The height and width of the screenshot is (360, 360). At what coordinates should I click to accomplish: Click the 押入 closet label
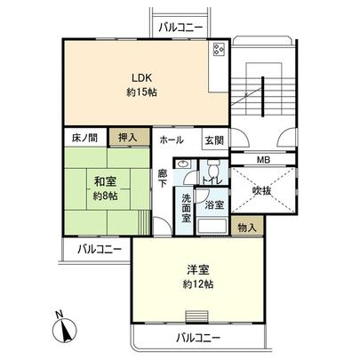click(127, 138)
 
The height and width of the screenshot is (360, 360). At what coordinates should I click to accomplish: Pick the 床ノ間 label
click(84, 138)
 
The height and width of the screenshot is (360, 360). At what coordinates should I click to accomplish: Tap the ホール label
click(171, 140)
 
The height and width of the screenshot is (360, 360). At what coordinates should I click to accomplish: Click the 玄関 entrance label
click(213, 140)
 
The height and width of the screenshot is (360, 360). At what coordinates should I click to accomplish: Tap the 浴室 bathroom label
click(214, 205)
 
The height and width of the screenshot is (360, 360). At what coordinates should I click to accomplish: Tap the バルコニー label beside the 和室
click(98, 248)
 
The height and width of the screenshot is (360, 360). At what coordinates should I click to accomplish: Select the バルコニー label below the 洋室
click(197, 337)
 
